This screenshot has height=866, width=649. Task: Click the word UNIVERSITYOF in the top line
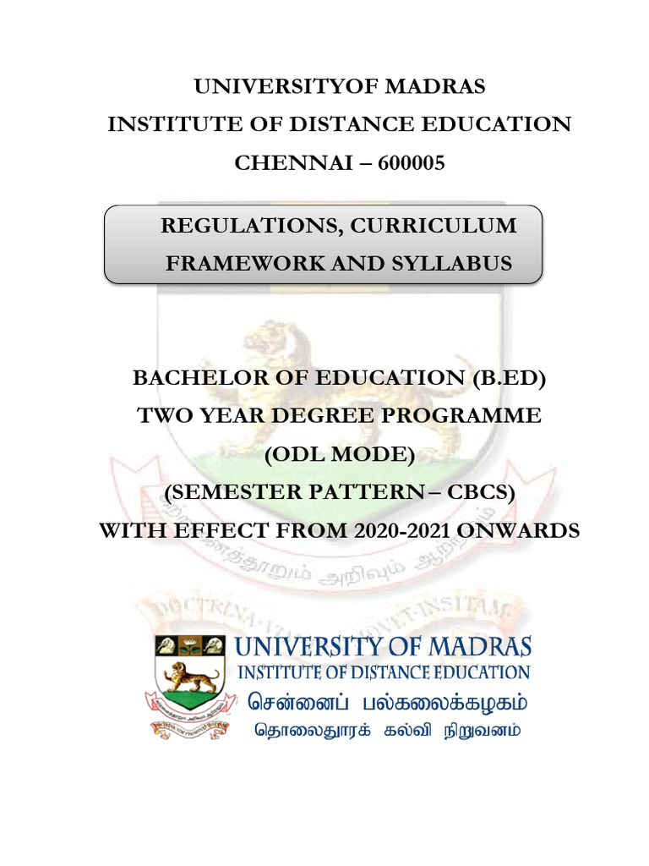[x=271, y=87]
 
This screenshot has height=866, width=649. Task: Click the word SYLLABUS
[x=455, y=263]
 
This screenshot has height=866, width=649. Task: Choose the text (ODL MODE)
[x=339, y=455]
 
